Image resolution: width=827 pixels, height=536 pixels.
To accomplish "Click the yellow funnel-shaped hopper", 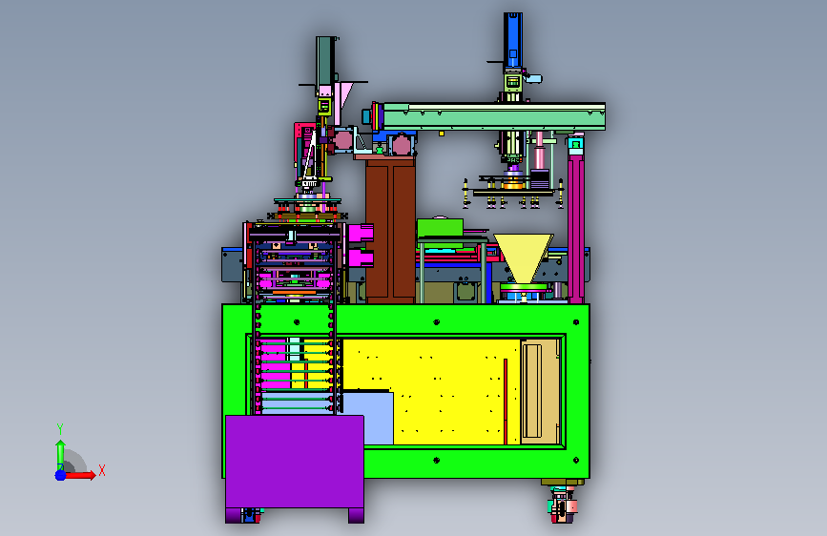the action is click(524, 258).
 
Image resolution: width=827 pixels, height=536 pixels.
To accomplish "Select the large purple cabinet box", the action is click(295, 464).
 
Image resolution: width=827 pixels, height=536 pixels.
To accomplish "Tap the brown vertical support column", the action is click(390, 230).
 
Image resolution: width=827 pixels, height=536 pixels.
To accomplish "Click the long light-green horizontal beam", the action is click(494, 116).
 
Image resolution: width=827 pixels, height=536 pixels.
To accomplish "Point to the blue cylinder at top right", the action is click(512, 40).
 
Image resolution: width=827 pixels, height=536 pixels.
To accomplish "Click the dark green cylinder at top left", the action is click(325, 61).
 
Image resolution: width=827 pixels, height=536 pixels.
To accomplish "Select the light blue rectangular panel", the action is click(368, 418).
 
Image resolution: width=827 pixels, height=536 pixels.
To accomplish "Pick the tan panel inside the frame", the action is click(540, 391).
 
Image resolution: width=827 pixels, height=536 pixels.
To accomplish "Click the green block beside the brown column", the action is click(440, 229).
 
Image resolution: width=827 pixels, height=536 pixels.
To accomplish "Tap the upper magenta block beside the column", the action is click(362, 233).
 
